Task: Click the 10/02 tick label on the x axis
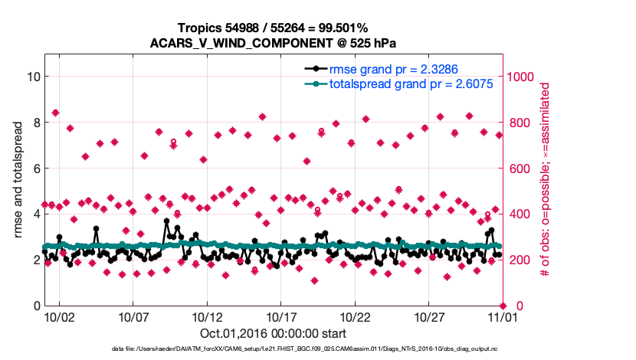[x=59, y=317]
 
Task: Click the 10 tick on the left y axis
[x=33, y=77]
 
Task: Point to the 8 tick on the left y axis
[x=36, y=123]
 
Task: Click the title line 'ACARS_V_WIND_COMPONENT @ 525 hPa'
[x=277, y=42]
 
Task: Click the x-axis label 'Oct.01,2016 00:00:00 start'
[x=274, y=333]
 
